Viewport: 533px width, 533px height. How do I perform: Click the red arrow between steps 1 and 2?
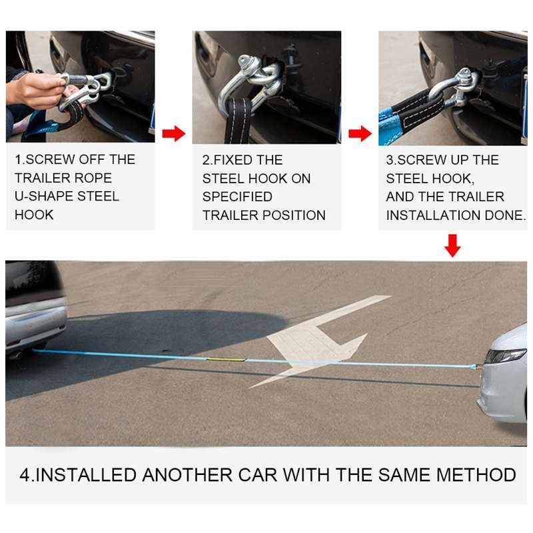(x=173, y=134)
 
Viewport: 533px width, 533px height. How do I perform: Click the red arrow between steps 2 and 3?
(x=360, y=134)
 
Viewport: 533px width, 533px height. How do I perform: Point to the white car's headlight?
(x=505, y=356)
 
